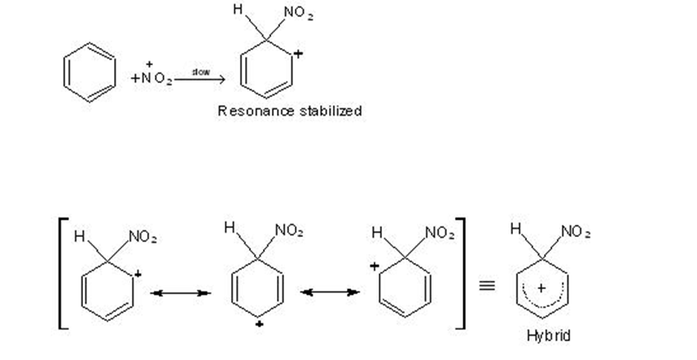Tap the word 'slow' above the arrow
200,72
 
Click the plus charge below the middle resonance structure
257,323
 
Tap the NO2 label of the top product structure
298,15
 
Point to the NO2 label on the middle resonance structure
288,230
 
